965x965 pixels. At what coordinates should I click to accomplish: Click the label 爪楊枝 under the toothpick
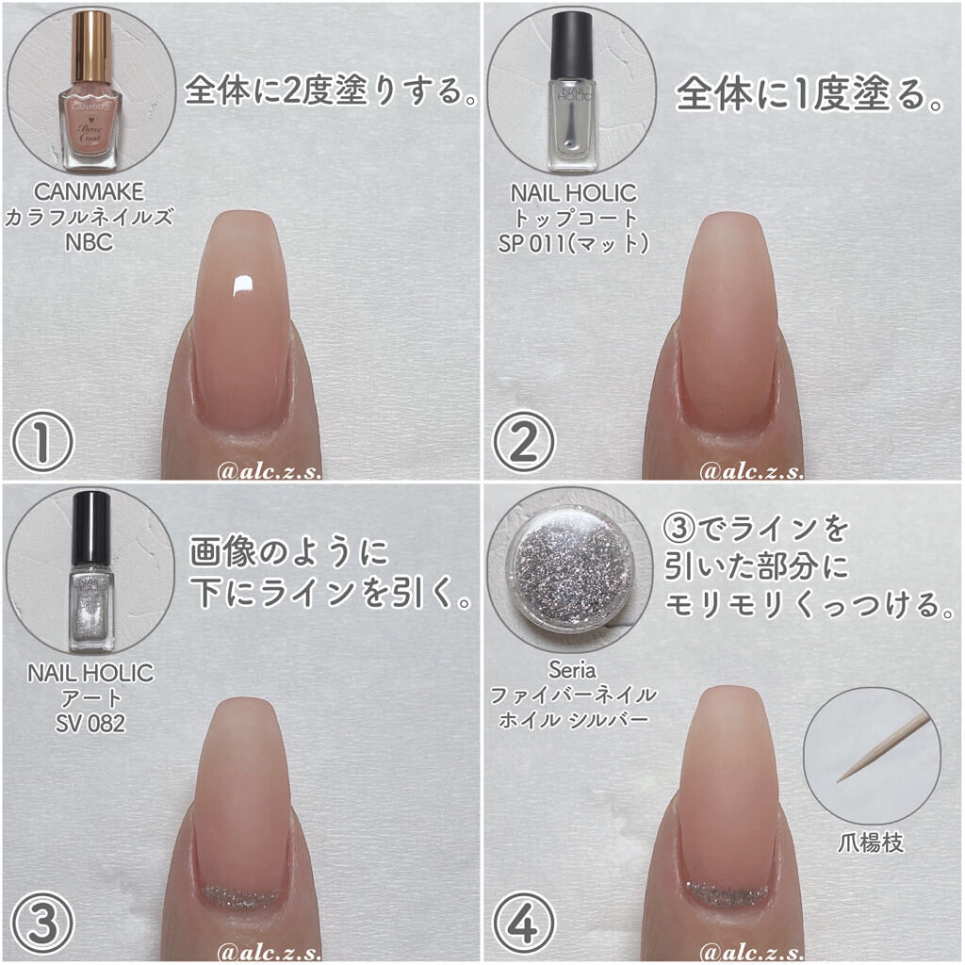pos(872,842)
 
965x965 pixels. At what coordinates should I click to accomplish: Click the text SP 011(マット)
pos(573,241)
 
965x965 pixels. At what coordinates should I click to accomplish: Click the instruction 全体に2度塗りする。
pos(330,92)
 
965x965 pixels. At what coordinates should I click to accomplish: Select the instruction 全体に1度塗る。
pos(810,94)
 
